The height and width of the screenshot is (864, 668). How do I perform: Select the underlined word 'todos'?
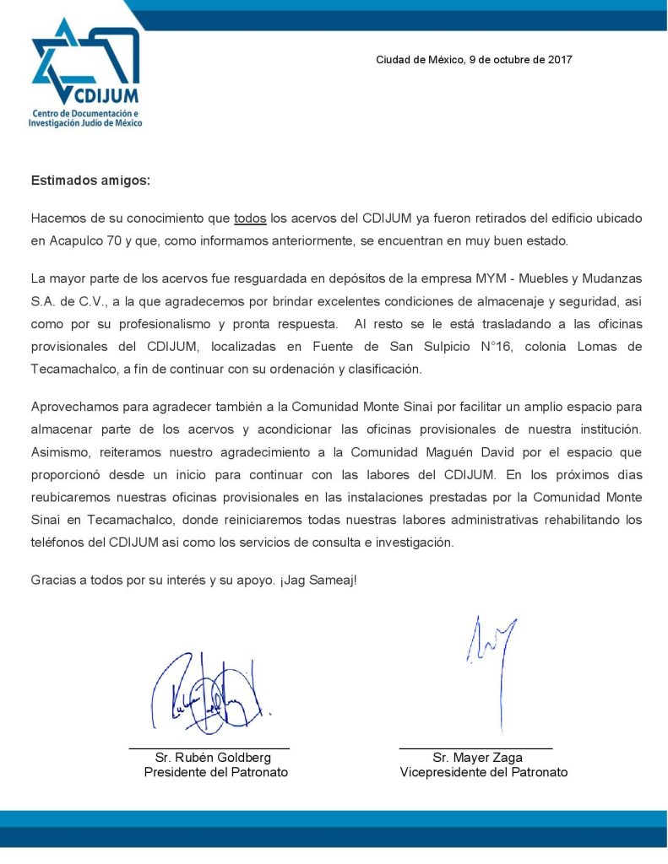[x=250, y=218]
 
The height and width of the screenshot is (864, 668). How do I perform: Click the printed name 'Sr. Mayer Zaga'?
[x=477, y=757]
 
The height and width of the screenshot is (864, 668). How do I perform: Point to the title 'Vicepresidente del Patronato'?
[x=484, y=772]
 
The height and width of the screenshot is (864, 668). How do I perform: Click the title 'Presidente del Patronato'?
[x=216, y=772]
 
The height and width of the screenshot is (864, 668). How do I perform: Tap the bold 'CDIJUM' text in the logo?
[x=106, y=94]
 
